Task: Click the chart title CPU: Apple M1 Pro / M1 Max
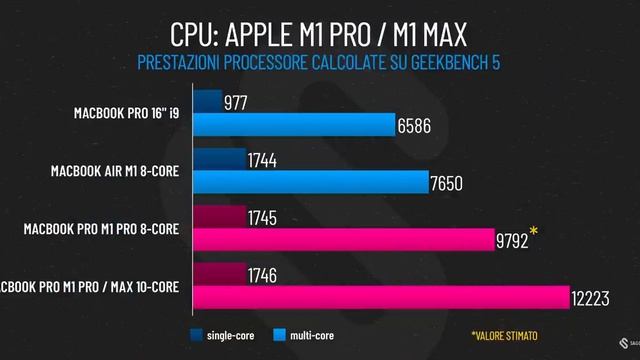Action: (x=319, y=35)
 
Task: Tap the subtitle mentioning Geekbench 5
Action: (x=319, y=64)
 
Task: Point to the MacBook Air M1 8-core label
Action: (x=115, y=170)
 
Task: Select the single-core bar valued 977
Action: (x=207, y=101)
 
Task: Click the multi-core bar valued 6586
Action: (x=294, y=125)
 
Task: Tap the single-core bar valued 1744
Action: (x=219, y=159)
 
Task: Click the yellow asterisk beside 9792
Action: (x=534, y=235)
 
